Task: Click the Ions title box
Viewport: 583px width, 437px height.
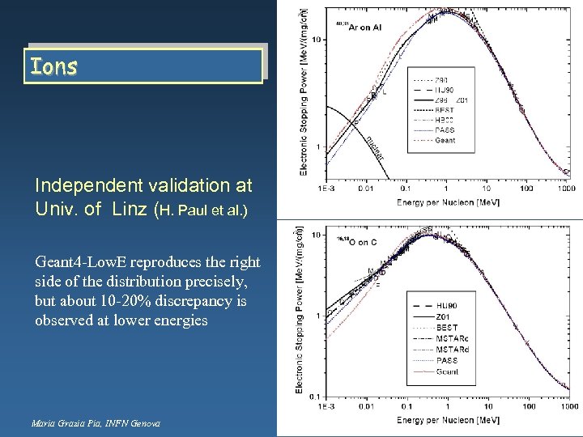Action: pos(145,66)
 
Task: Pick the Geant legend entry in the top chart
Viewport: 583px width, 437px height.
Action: pos(445,140)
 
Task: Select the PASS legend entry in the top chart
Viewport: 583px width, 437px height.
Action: pos(445,129)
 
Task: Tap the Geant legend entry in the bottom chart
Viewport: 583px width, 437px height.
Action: pos(447,371)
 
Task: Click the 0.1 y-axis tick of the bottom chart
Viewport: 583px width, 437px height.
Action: pos(317,396)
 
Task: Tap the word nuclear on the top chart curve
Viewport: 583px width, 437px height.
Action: pos(374,146)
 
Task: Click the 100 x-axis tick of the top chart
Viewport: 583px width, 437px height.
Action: pos(526,188)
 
